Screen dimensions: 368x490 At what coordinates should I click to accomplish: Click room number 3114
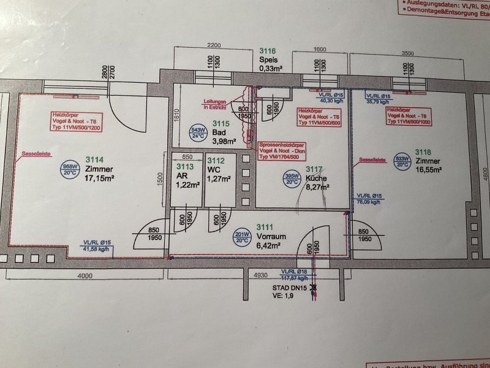pos(96,156)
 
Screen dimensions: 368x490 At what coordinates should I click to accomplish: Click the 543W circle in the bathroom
pos(197,134)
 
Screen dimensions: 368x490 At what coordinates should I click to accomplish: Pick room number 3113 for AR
pos(184,165)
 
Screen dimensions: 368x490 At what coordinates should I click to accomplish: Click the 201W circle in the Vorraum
pos(241,237)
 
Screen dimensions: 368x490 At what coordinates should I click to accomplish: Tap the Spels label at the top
pos(268,60)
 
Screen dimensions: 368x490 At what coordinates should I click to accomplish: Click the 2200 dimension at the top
pos(214,46)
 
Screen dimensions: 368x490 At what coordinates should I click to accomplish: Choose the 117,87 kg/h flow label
pos(295,278)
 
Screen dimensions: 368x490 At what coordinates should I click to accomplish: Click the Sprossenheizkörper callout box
pos(282,150)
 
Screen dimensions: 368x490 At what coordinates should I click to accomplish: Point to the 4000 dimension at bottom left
pos(85,276)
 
